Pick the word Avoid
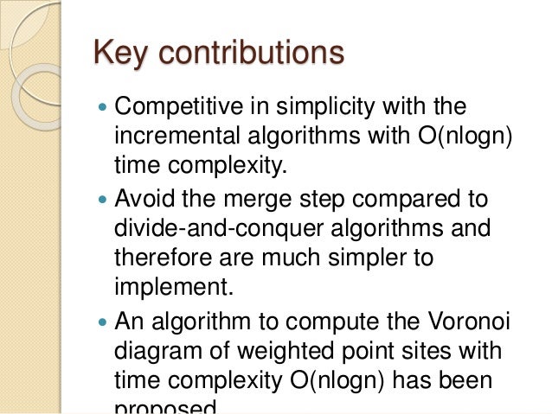tap(143, 201)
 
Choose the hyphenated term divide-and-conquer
tap(209, 228)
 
